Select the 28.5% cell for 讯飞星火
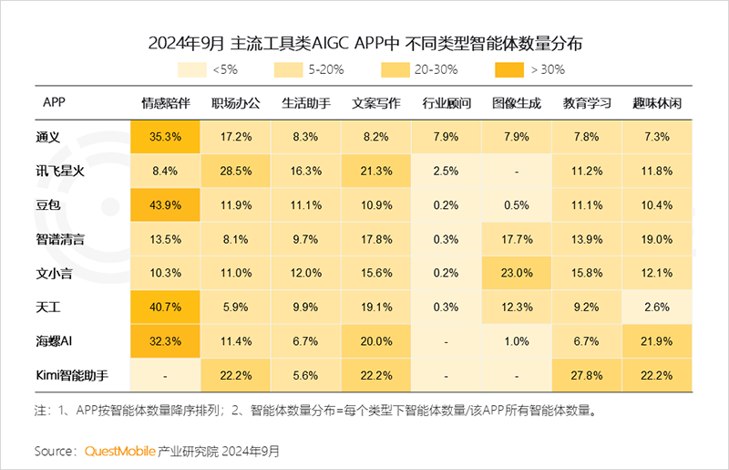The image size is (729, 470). pyautogui.click(x=236, y=172)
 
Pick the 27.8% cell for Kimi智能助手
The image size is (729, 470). pyautogui.click(x=587, y=376)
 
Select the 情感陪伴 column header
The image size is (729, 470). pyautogui.click(x=165, y=102)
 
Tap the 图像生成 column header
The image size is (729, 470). pyautogui.click(x=517, y=102)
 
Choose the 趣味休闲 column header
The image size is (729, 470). pyautogui.click(x=657, y=102)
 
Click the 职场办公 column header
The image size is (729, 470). pyautogui.click(x=236, y=102)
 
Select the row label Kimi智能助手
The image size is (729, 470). pyautogui.click(x=73, y=376)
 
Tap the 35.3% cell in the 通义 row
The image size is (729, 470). pyautogui.click(x=165, y=137)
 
